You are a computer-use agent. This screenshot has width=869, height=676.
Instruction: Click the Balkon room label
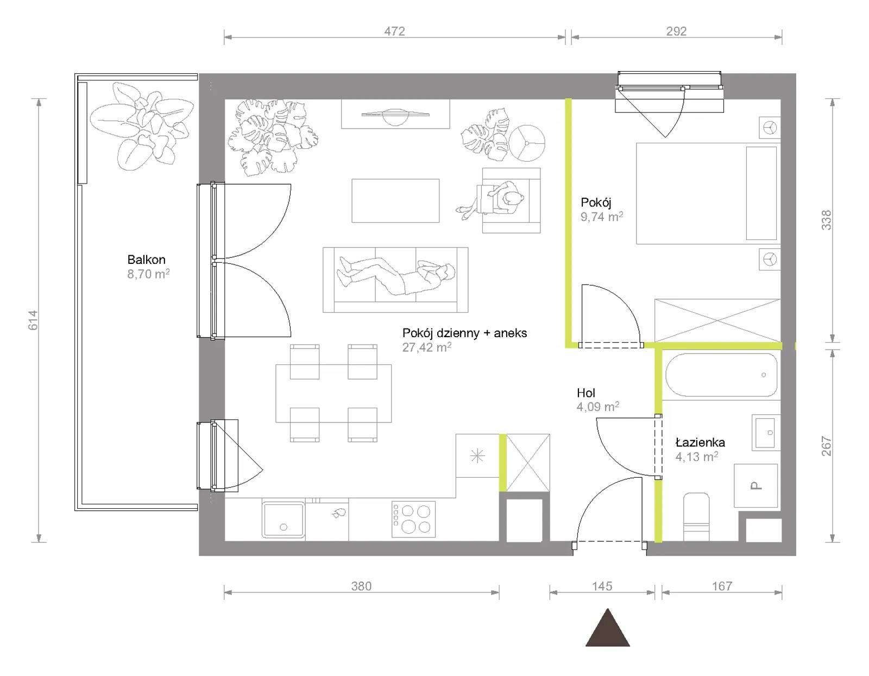tap(146, 260)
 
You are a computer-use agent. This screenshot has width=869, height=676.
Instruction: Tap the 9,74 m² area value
tap(601, 217)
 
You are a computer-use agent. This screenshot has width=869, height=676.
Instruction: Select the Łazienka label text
tap(700, 442)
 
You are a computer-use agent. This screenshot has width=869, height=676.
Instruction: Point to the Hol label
tap(586, 393)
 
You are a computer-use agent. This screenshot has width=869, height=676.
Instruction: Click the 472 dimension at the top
tap(394, 31)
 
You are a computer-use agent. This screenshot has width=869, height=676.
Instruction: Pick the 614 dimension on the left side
tap(33, 320)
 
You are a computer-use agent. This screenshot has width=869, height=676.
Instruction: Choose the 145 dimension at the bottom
tap(601, 586)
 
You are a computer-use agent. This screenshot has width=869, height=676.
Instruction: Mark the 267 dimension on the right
tap(826, 446)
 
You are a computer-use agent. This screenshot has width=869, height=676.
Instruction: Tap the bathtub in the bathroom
tap(721, 375)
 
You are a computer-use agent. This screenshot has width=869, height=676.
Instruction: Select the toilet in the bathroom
tap(696, 517)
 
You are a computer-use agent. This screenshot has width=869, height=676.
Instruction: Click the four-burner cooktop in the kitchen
tap(413, 519)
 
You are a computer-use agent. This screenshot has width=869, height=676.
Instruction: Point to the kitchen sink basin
tap(283, 520)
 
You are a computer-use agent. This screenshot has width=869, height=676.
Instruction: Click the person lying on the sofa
tap(395, 276)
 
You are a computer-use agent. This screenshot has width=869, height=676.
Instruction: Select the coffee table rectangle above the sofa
tap(395, 201)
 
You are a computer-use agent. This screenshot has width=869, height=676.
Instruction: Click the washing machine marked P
tap(755, 485)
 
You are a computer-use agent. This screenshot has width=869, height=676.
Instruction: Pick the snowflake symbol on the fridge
tap(477, 456)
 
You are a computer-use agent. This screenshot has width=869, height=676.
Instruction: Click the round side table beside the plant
tap(527, 143)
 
